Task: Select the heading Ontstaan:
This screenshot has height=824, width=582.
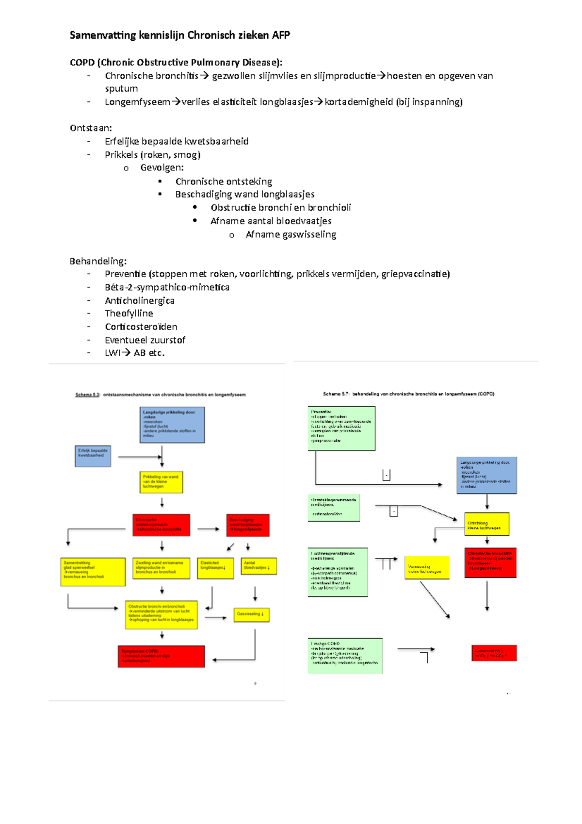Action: (x=91, y=128)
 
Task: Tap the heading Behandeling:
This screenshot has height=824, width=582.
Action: (x=98, y=261)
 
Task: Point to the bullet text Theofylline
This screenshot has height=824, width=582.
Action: (x=129, y=313)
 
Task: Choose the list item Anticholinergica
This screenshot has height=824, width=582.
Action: (x=140, y=300)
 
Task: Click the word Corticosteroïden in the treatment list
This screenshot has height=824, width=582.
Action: (x=141, y=327)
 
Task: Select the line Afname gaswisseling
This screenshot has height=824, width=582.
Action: (x=291, y=234)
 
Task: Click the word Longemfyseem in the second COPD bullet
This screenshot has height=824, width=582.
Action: (x=137, y=102)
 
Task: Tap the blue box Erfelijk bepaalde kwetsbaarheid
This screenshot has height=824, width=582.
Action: (x=93, y=456)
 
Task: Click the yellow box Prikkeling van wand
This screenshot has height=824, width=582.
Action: (x=162, y=482)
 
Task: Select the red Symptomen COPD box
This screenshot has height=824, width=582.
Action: (x=161, y=656)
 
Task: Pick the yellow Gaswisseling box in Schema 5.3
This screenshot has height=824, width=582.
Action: (x=251, y=614)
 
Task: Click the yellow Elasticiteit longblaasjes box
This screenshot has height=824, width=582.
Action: (x=215, y=568)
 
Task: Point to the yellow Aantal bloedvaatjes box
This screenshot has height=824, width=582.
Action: (x=259, y=566)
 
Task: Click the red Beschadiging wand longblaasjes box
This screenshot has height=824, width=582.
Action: (x=247, y=525)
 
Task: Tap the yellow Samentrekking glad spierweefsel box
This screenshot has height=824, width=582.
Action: (x=93, y=572)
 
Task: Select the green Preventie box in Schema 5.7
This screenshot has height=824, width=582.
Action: (x=341, y=428)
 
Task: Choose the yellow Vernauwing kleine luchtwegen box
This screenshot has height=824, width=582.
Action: (x=427, y=568)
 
